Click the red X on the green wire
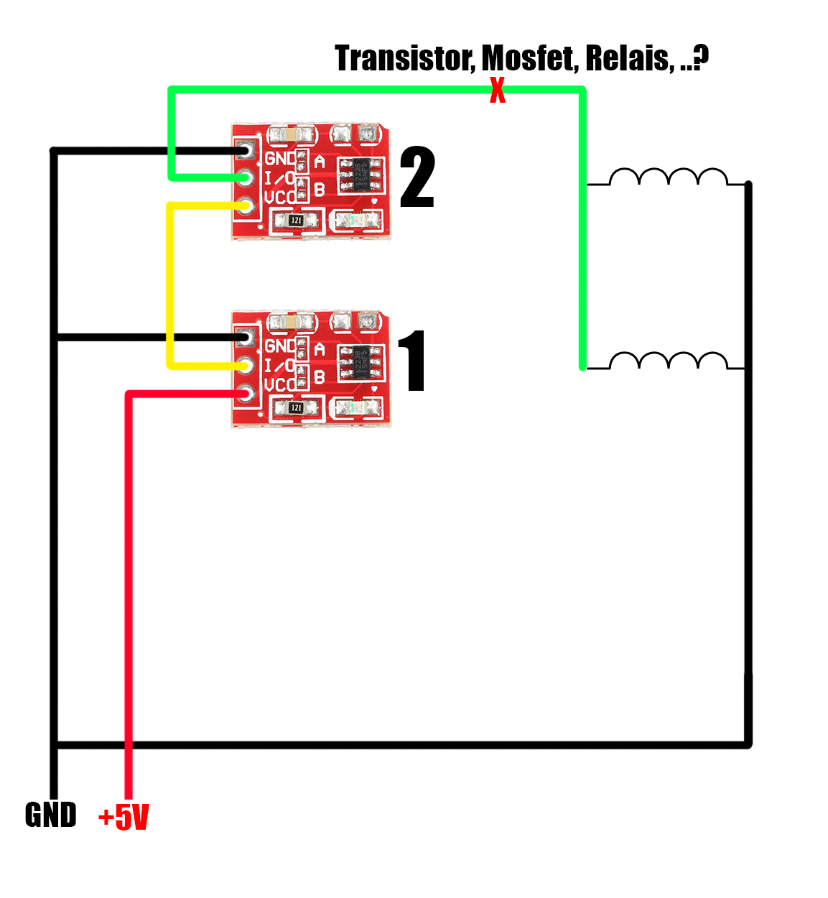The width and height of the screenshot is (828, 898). pyautogui.click(x=497, y=91)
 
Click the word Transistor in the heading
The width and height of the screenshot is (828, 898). pyautogui.click(x=404, y=58)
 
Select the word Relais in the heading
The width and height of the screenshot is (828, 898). pyautogui.click(x=629, y=58)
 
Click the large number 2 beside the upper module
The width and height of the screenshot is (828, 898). pyautogui.click(x=417, y=177)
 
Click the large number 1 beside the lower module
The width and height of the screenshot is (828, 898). pyautogui.click(x=413, y=361)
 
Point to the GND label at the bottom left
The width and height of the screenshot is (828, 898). pyautogui.click(x=50, y=815)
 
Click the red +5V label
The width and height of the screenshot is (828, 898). pyautogui.click(x=124, y=817)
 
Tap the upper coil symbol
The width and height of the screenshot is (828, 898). pyautogui.click(x=668, y=177)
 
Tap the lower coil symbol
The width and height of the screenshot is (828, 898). pyautogui.click(x=668, y=361)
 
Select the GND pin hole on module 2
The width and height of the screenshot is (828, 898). pyautogui.click(x=246, y=151)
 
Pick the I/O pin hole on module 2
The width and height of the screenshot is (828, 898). pyautogui.click(x=246, y=177)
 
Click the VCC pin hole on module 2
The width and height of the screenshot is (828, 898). pyautogui.click(x=246, y=205)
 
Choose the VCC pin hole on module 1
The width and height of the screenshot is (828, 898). pyautogui.click(x=246, y=393)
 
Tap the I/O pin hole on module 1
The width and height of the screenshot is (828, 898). pyautogui.click(x=246, y=366)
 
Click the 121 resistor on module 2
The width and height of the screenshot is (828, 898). pyautogui.click(x=296, y=221)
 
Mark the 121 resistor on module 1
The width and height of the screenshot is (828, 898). pyautogui.click(x=296, y=408)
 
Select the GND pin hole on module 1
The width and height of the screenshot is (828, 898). pyautogui.click(x=246, y=338)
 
